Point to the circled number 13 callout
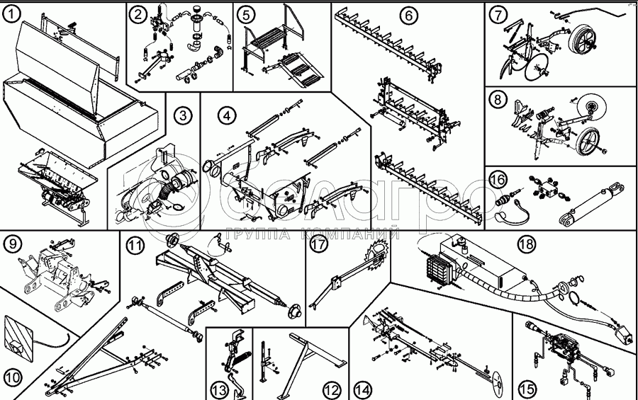coord(218,388)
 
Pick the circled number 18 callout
coord(525,243)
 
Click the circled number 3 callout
coord(184,115)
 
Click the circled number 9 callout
coord(13,245)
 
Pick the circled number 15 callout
coord(525,388)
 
